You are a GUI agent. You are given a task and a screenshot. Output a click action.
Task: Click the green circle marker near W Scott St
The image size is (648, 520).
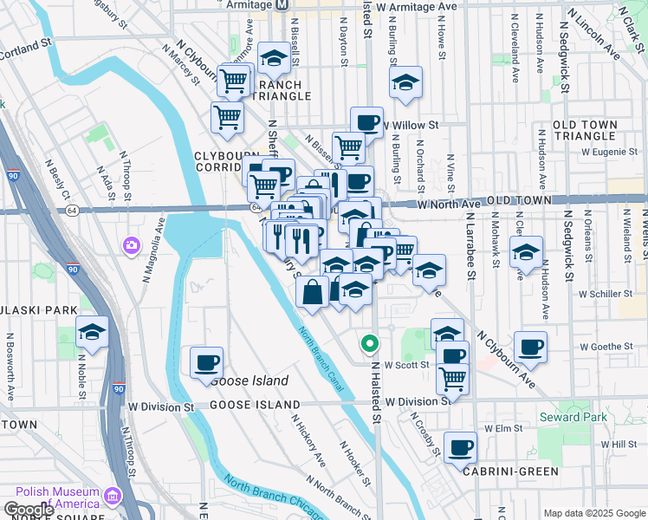(370, 344)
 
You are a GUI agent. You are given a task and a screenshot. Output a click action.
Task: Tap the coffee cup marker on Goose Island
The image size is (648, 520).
(206, 362)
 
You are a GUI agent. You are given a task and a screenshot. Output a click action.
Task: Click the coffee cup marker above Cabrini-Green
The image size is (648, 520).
(460, 447)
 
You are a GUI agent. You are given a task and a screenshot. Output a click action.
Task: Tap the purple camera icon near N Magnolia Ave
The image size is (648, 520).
(132, 246)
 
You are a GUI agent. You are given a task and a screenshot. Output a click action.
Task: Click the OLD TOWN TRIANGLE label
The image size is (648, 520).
(585, 131)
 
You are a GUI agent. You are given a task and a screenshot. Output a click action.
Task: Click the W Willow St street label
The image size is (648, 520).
(411, 125)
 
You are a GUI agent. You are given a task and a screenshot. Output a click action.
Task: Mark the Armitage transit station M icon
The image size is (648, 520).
(282, 5)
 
